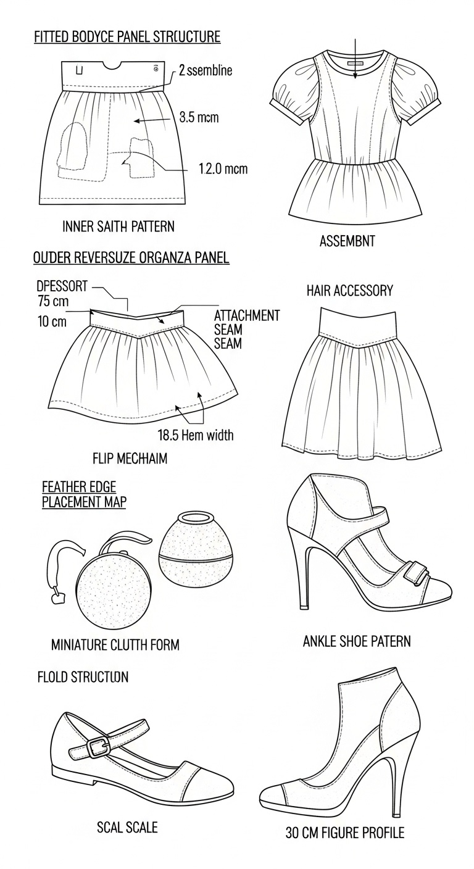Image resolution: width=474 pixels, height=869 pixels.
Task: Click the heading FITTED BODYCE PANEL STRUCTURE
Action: pos(127,37)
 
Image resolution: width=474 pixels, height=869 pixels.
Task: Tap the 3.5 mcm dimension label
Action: pos(199,117)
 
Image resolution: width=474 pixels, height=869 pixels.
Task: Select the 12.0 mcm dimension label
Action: pos(223,168)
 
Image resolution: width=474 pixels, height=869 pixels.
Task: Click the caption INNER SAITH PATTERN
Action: pos(118,227)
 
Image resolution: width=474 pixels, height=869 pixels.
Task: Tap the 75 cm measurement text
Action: pos(52,301)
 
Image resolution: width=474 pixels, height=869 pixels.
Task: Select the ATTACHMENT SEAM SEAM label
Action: pos(246,329)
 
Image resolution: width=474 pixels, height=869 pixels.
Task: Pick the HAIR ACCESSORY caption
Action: pos(349,291)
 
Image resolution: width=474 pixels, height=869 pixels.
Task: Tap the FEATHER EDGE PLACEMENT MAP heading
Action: pos(84,494)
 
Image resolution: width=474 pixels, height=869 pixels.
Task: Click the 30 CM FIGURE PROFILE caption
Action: pos(344,833)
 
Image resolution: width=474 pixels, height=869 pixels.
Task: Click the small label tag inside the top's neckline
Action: pos(355,63)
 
